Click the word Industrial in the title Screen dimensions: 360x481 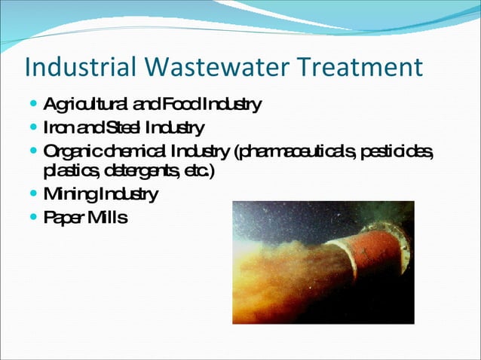pyautogui.click(x=72, y=67)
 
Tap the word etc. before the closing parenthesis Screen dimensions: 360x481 pyautogui.click(x=198, y=171)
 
